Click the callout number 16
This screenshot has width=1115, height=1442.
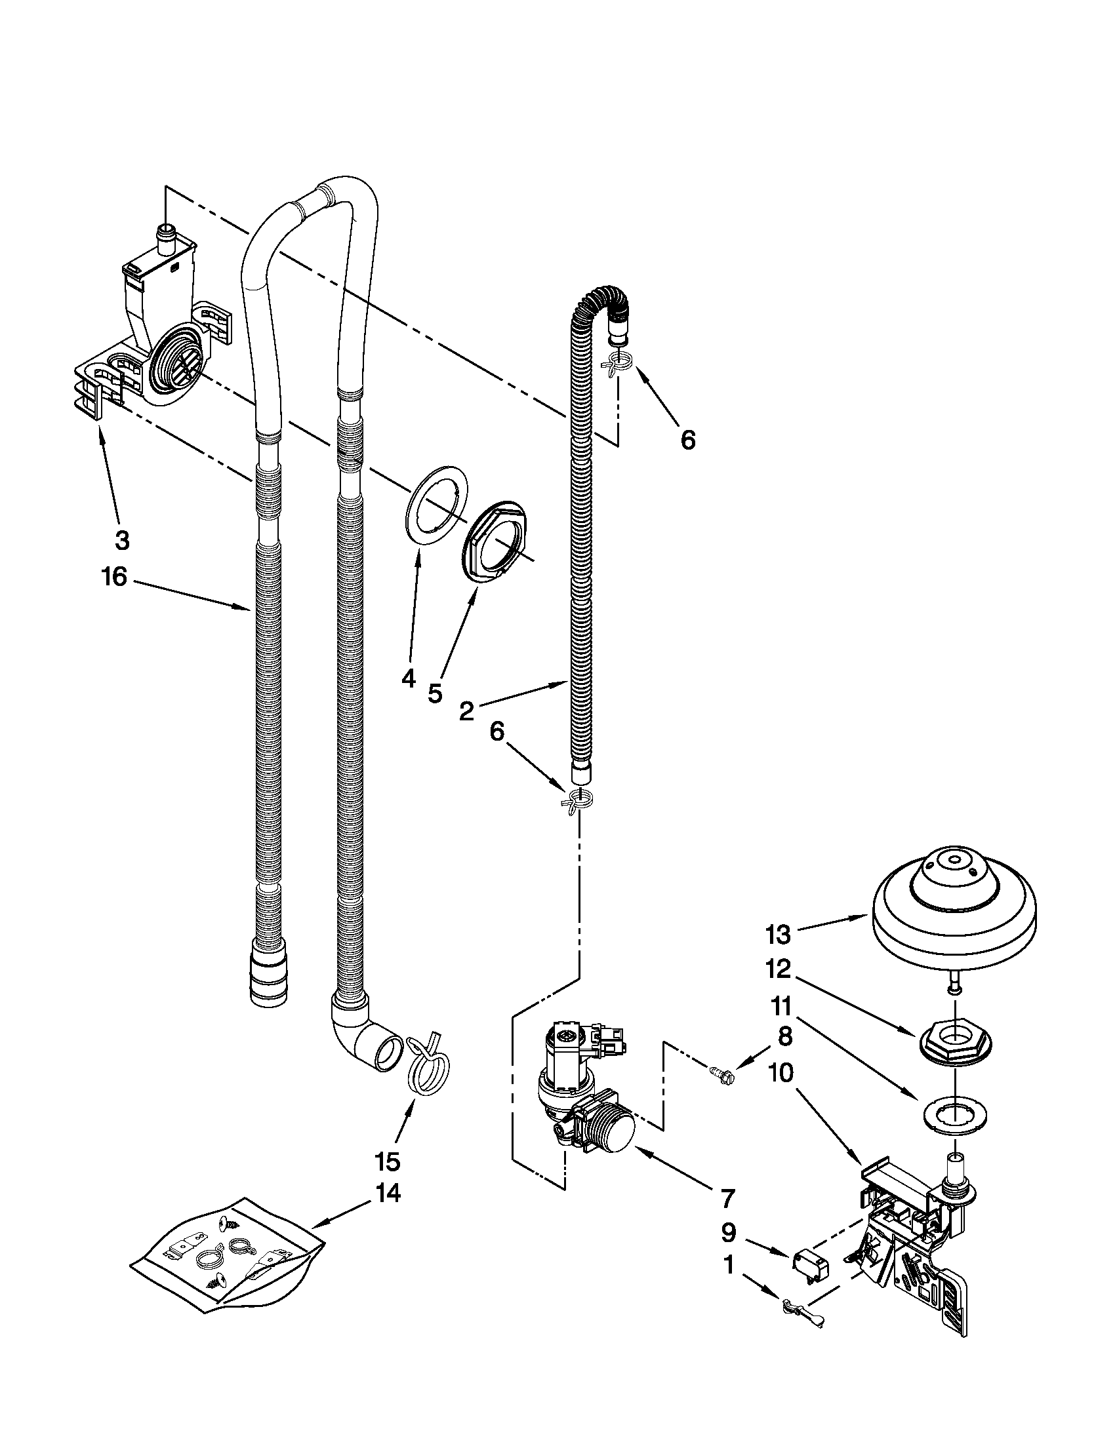113,577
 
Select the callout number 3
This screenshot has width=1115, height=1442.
122,540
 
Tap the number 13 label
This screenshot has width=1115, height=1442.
778,934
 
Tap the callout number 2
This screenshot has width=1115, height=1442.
466,711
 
